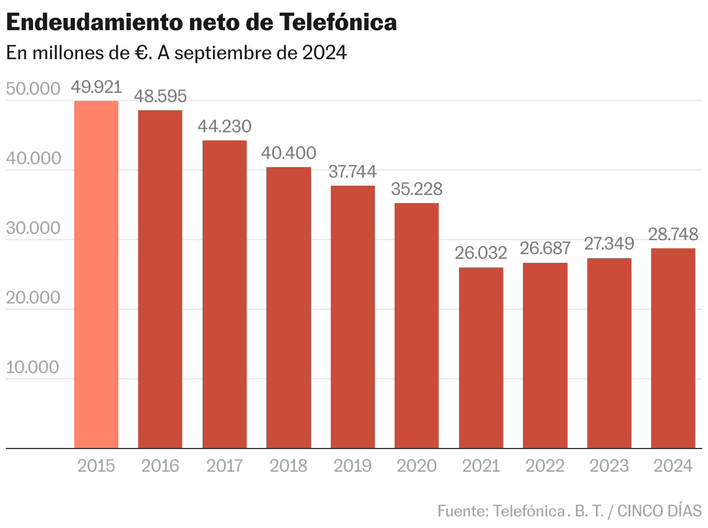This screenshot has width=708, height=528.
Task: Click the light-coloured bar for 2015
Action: (x=96, y=274)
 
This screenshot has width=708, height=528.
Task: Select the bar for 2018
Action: (x=288, y=308)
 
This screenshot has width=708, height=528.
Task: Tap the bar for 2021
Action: (x=481, y=357)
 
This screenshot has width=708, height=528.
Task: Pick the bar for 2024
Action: (x=673, y=348)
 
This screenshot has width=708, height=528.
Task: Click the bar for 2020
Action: (x=417, y=326)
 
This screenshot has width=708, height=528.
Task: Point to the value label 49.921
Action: (x=96, y=88)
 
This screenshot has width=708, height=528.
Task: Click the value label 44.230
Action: (x=225, y=126)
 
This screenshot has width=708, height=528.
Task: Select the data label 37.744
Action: (x=352, y=172)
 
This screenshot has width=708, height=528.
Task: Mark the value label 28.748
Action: (x=673, y=234)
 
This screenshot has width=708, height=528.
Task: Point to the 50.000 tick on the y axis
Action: (x=33, y=89)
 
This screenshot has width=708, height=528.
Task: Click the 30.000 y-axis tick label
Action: (x=33, y=228)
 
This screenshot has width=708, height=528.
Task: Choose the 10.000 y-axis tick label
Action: (x=33, y=367)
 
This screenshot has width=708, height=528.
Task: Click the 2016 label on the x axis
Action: (x=160, y=466)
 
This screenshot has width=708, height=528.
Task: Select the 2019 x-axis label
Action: (x=352, y=466)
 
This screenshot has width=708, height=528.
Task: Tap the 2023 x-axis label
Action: (x=609, y=466)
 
